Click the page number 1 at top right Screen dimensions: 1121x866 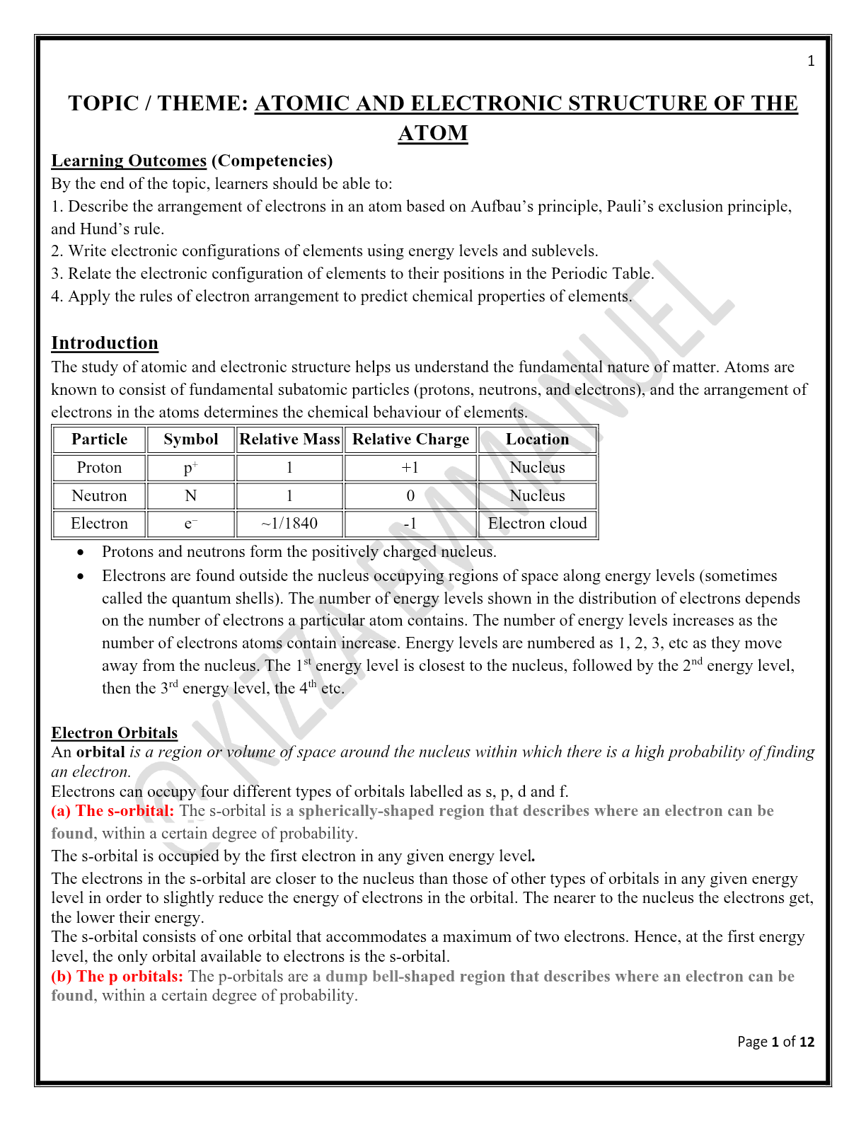click(811, 61)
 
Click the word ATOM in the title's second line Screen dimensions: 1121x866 click(432, 133)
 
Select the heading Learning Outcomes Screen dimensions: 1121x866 click(129, 161)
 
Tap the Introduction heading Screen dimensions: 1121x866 click(105, 343)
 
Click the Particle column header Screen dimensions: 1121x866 click(99, 439)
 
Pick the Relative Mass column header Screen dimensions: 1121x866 click(289, 439)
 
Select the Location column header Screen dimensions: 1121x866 click(537, 439)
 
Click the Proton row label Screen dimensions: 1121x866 click(99, 468)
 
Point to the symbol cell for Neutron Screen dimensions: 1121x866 click(190, 496)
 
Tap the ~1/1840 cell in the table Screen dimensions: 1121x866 click(289, 524)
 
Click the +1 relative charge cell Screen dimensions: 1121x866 click(410, 468)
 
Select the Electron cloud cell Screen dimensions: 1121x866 click(537, 524)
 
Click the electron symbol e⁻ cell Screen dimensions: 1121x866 click(190, 524)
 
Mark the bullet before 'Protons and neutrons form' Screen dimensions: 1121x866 click(81, 552)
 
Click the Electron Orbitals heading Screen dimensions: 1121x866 click(114, 732)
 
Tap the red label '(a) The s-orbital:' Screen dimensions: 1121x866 click(112, 811)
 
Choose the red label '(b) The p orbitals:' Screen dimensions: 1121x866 click(117, 977)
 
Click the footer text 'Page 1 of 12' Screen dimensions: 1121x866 click(775, 1042)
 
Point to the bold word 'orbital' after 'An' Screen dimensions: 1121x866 click(100, 752)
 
